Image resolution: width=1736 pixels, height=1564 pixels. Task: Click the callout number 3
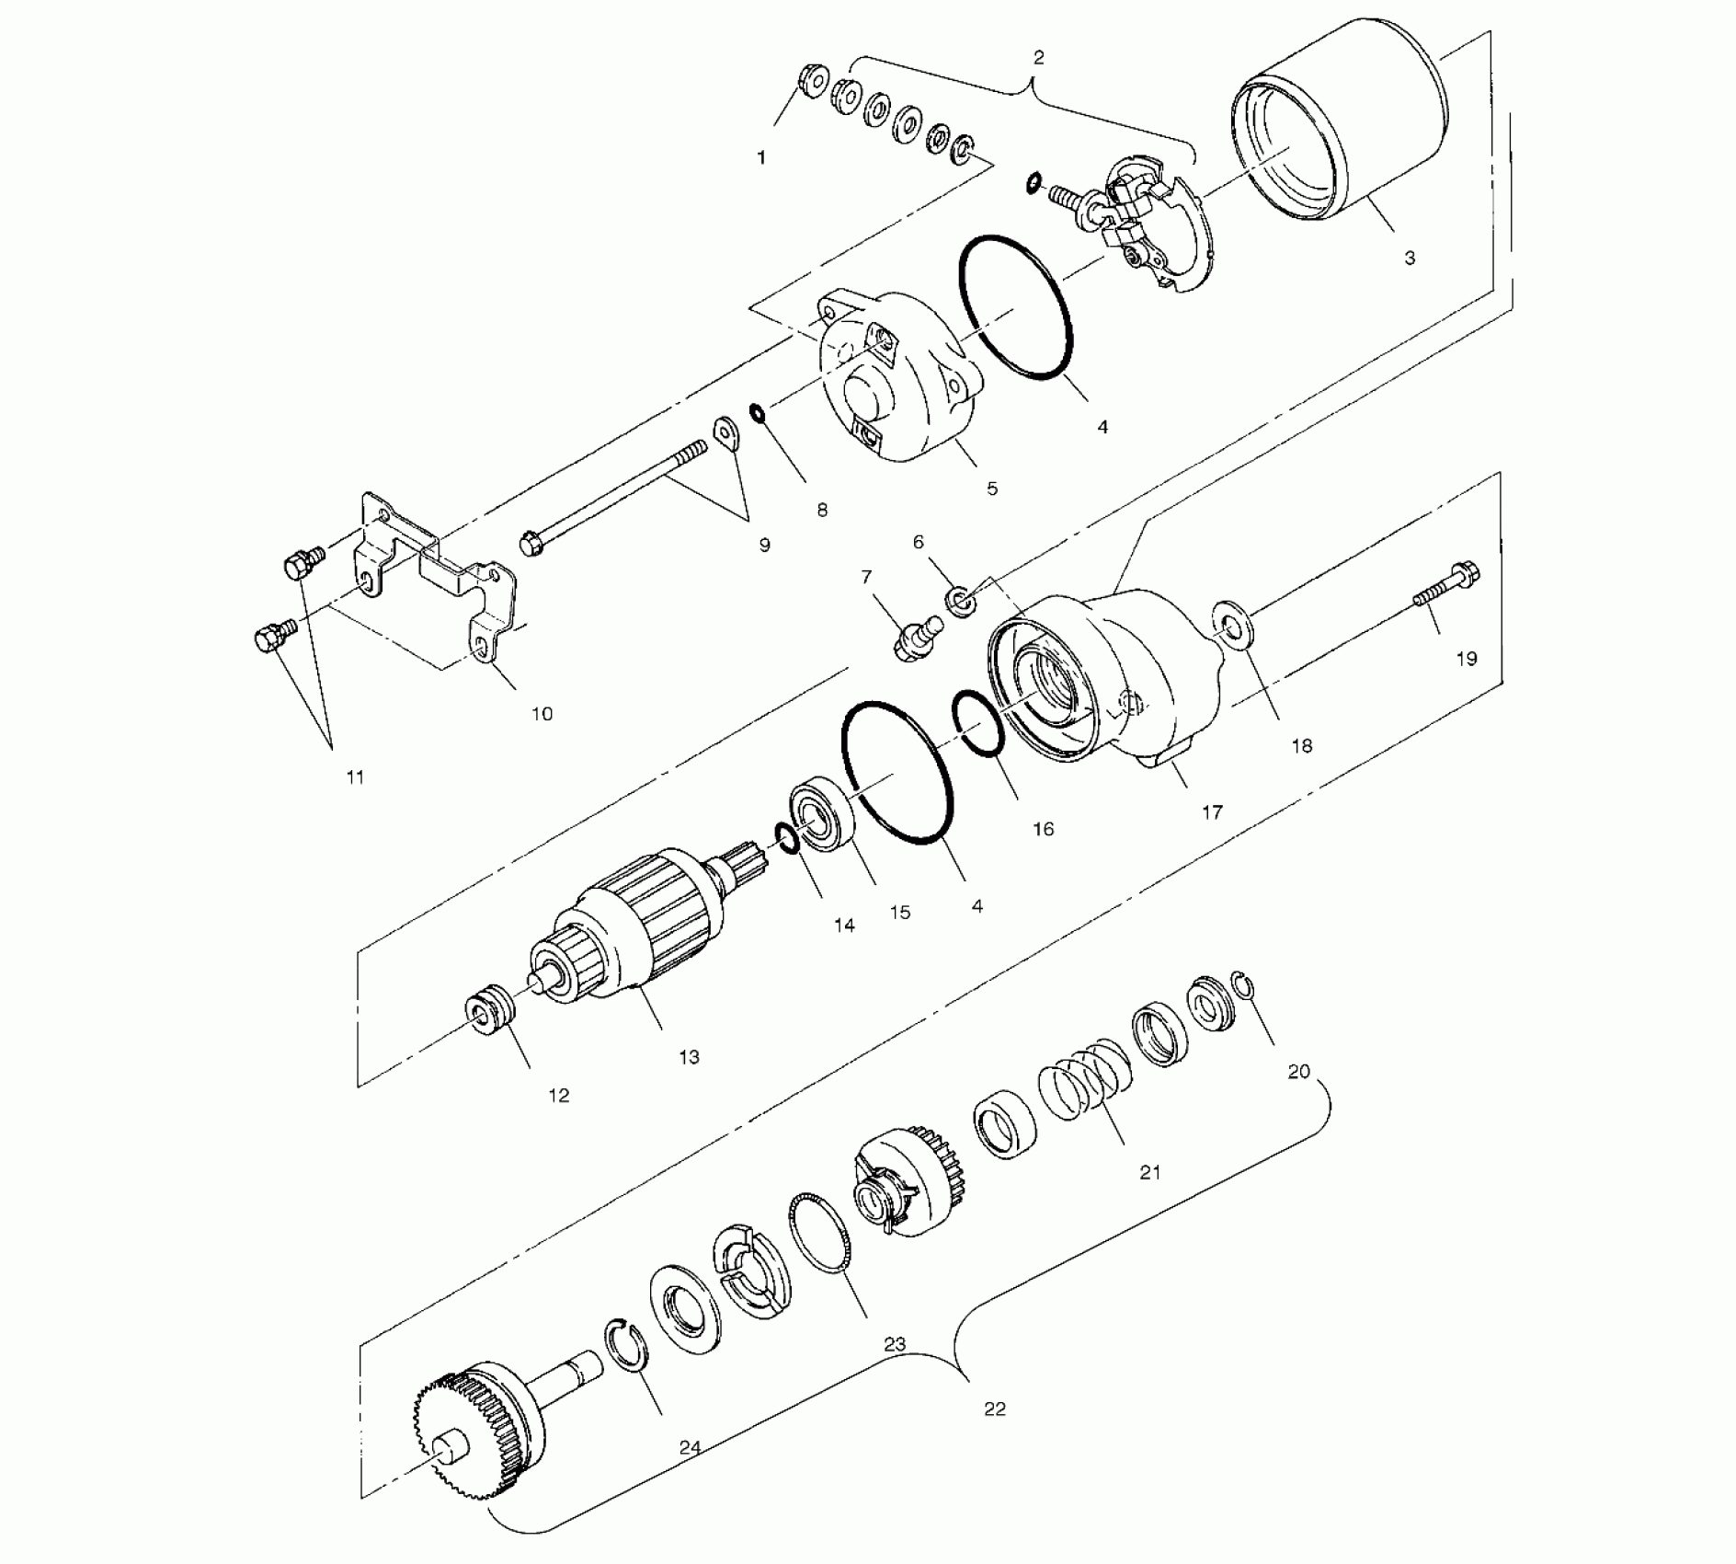pos(1410,259)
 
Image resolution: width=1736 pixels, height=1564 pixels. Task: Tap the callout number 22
pos(995,1409)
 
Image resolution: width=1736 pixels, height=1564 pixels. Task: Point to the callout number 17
pos(1212,812)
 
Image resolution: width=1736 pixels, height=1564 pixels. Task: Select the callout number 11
pos(355,777)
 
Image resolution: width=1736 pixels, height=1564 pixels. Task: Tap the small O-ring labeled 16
pos(980,723)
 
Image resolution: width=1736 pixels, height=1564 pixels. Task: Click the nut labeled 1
pos(811,83)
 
